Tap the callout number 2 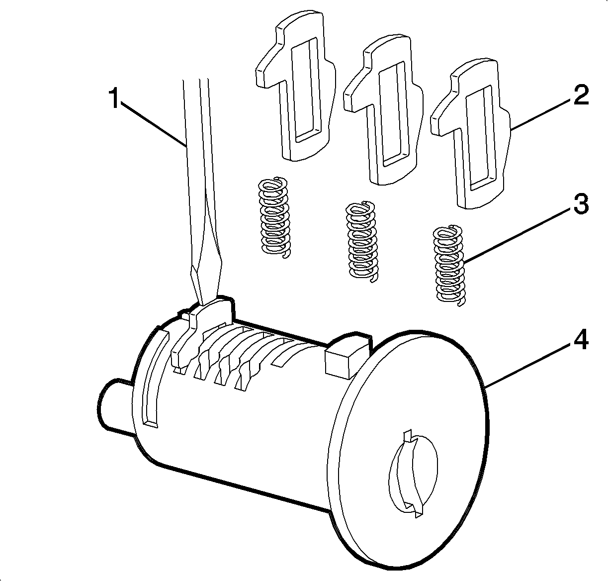[581, 94]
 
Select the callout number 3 [581, 203]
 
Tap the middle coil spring [361, 241]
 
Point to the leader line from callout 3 [517, 236]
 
